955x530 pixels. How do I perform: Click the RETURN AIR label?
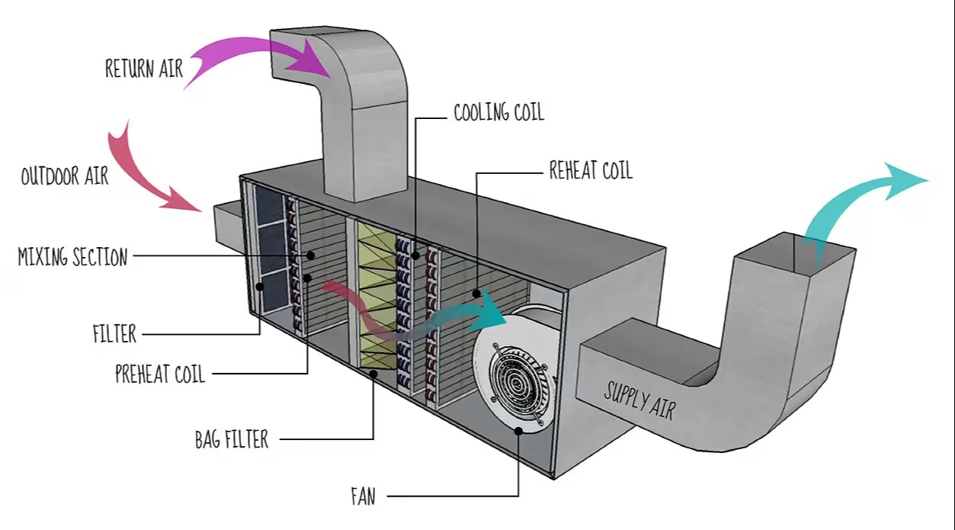143,68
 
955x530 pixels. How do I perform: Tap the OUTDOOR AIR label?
64,176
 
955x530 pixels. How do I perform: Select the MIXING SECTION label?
72,257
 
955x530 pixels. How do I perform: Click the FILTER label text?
114,333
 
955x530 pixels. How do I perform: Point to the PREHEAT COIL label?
159,374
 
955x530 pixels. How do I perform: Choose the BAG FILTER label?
231,439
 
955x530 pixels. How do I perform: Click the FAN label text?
363,497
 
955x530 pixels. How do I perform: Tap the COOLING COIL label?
498,113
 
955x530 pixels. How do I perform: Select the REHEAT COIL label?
591,169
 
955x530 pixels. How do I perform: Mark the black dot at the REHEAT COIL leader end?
477,292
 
